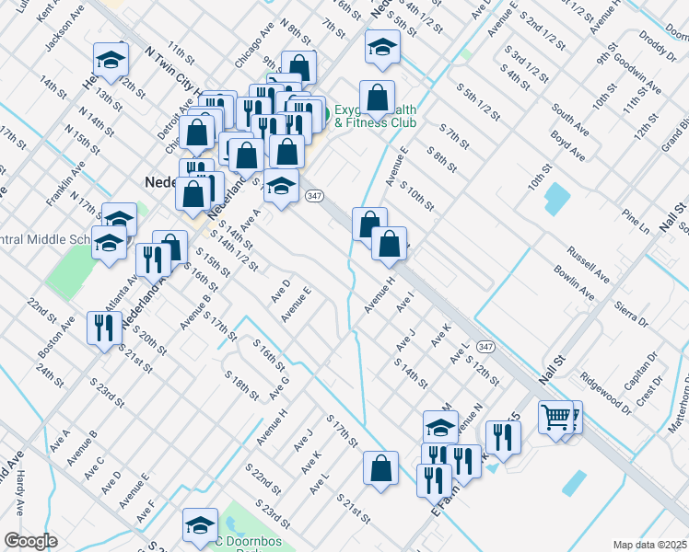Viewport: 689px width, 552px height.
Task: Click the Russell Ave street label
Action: point(589,264)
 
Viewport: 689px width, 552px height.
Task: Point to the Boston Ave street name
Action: point(56,338)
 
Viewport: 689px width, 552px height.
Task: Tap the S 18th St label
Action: point(241,385)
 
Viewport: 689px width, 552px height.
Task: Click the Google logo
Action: point(30,541)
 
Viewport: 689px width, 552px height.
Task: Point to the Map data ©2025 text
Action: point(649,545)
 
